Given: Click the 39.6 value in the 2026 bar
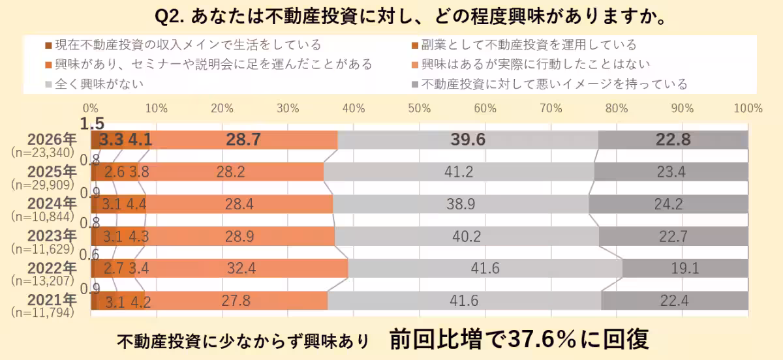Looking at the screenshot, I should (468, 140).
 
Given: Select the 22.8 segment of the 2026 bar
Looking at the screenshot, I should (673, 140).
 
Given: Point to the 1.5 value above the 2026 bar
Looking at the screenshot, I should (92, 123).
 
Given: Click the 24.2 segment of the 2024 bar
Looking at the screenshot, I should (668, 204).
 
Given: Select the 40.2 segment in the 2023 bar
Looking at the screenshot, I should (467, 236).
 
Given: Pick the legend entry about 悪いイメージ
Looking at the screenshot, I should (554, 83).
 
